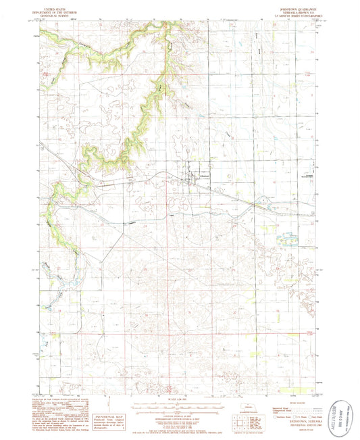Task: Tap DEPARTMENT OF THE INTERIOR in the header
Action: click(x=57, y=9)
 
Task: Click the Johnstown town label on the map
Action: click(x=205, y=177)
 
